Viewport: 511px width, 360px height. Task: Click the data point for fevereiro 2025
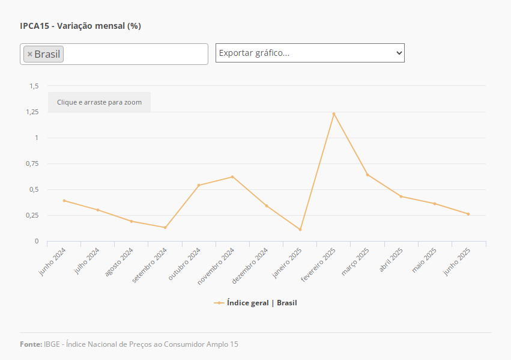(x=334, y=114)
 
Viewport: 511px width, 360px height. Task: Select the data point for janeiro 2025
(x=300, y=230)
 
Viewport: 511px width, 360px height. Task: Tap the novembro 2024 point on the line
(x=232, y=177)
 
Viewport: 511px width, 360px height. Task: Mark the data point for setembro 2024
(x=165, y=227)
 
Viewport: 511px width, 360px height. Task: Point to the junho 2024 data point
(x=64, y=201)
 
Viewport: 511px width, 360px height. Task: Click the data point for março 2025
(x=367, y=175)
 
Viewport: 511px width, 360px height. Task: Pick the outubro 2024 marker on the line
(x=199, y=185)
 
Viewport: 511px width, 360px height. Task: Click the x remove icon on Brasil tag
(x=30, y=54)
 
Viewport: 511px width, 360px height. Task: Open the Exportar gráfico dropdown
(x=310, y=53)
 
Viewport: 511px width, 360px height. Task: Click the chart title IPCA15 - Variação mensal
(x=80, y=26)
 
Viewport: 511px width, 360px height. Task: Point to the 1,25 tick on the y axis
(x=32, y=112)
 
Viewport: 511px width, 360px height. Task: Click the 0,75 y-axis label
(x=32, y=163)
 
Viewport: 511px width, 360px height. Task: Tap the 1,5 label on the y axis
(x=34, y=86)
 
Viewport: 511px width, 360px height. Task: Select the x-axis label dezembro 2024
(x=250, y=264)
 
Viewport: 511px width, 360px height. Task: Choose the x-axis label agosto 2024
(x=119, y=263)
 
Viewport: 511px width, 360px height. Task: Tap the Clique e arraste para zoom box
(x=100, y=102)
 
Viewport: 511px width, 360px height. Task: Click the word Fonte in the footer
(x=31, y=344)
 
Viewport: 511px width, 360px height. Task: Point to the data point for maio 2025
(x=435, y=204)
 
